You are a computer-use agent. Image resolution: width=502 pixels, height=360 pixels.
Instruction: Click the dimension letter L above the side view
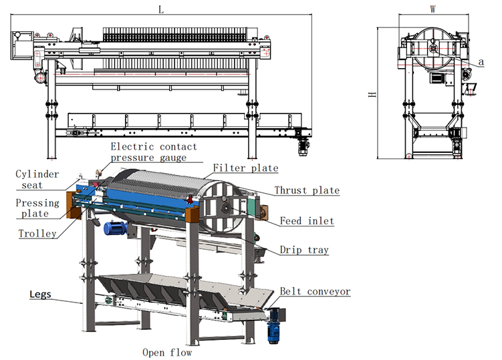[x=161, y=9]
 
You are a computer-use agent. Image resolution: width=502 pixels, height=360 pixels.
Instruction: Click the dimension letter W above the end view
[x=433, y=9]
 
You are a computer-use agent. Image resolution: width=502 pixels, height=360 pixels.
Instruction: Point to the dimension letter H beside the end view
[x=372, y=94]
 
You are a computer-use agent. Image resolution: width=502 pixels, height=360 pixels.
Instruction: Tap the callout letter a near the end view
[x=481, y=61]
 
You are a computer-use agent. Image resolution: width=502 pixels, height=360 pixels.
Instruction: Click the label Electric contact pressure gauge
[x=154, y=152]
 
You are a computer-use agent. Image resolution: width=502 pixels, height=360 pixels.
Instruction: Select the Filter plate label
[x=245, y=168]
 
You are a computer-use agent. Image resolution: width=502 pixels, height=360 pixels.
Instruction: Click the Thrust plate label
[x=307, y=190]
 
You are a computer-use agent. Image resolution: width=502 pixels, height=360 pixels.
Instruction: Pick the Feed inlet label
[x=307, y=221]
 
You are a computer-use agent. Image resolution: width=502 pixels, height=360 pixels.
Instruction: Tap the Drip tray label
[x=304, y=250]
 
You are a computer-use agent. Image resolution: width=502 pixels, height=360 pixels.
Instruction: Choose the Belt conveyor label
[x=315, y=291]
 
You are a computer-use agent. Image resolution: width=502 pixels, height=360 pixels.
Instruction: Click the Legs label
[x=40, y=295]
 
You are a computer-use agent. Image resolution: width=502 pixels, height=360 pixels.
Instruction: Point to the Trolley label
[x=37, y=234]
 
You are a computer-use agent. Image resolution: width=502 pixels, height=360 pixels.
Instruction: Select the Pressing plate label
[x=37, y=208]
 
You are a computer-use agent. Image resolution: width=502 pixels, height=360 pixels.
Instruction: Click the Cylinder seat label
[x=37, y=180]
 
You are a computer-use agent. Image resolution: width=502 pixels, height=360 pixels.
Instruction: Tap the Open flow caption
[x=167, y=353]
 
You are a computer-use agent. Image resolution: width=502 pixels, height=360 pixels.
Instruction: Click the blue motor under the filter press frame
[x=115, y=228]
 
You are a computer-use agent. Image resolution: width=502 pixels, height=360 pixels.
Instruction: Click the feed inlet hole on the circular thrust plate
[x=226, y=208]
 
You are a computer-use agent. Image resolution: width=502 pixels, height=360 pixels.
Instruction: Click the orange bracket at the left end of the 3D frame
[x=74, y=205]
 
